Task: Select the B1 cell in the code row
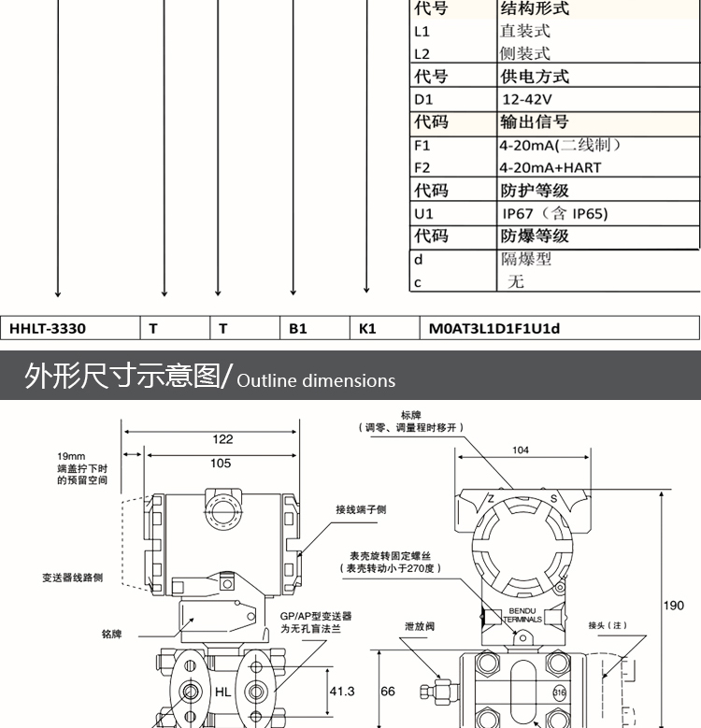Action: click(298, 328)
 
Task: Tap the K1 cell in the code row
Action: click(367, 328)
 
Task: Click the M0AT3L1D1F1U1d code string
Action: click(494, 328)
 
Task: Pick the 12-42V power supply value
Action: click(527, 99)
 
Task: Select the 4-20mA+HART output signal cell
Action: click(550, 168)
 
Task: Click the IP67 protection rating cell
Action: click(554, 214)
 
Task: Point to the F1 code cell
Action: click(422, 146)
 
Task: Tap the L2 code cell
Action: click(422, 54)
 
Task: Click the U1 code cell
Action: click(423, 214)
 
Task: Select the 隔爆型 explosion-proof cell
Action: click(526, 259)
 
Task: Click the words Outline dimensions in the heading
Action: click(316, 380)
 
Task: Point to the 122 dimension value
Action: click(222, 439)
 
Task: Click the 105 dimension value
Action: click(221, 464)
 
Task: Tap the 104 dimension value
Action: click(521, 450)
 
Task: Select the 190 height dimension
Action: click(674, 606)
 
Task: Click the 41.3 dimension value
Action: click(343, 692)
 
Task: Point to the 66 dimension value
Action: click(389, 692)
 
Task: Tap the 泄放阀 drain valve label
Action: click(419, 628)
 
